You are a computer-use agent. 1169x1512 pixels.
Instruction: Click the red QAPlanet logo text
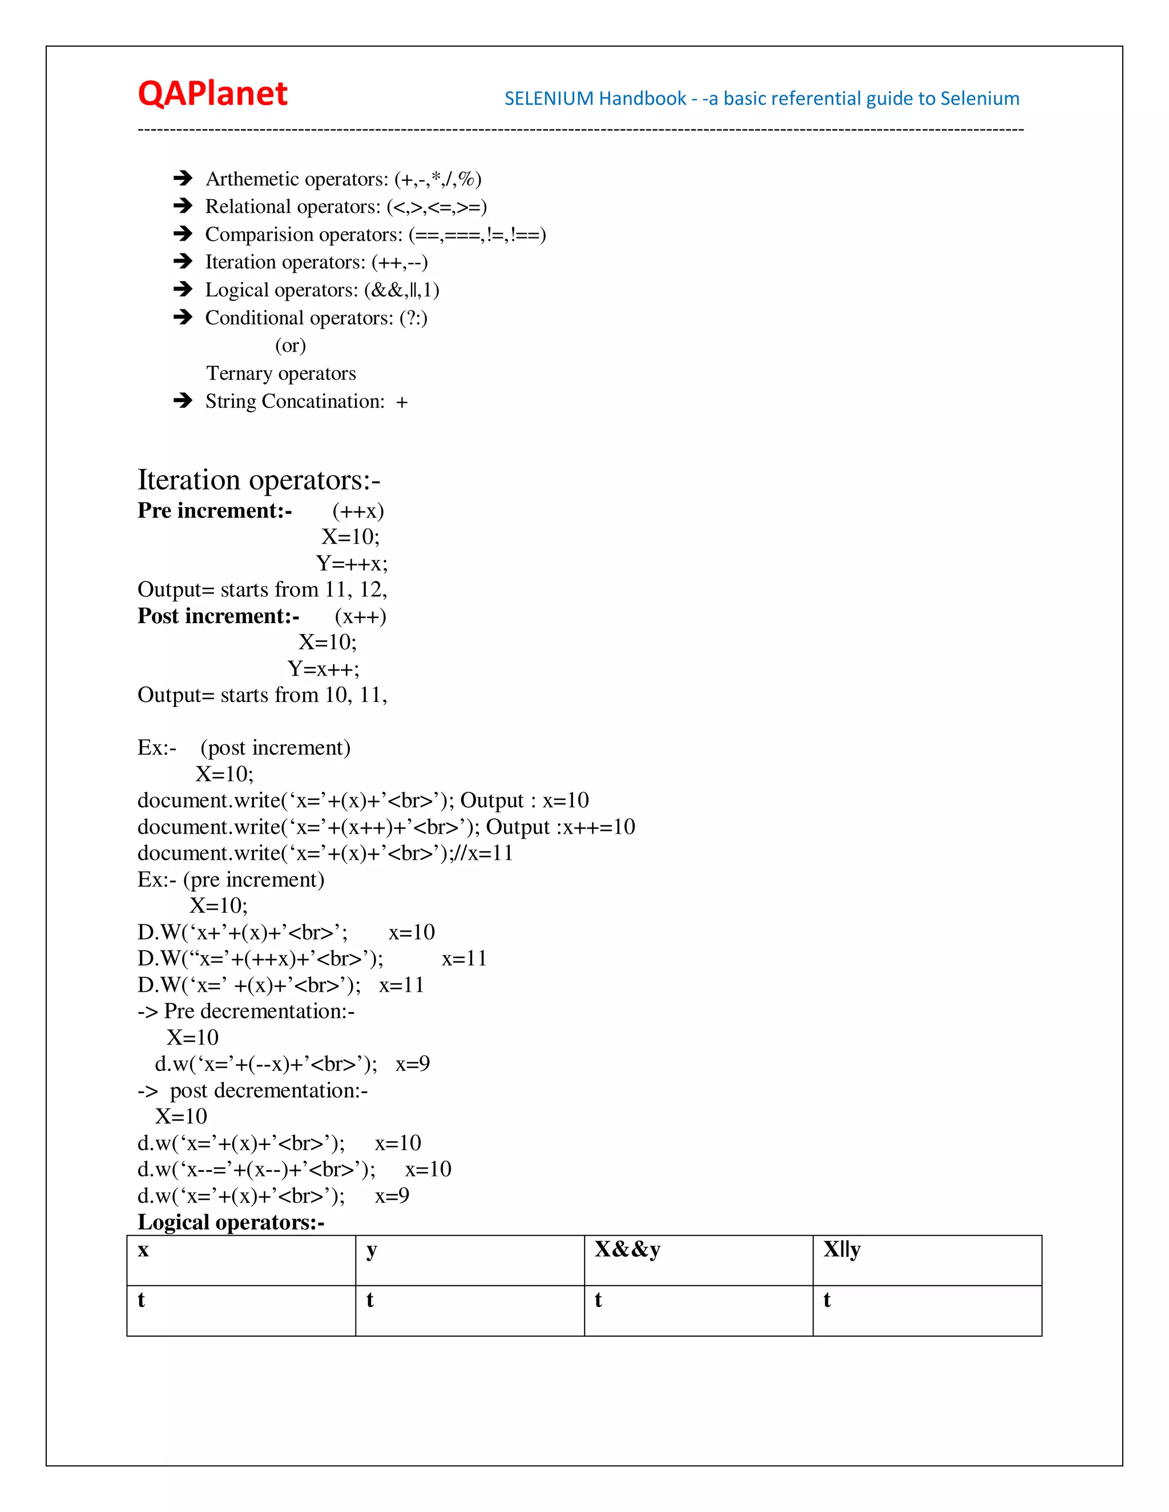click(212, 94)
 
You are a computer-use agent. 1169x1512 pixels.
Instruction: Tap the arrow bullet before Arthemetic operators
click(183, 179)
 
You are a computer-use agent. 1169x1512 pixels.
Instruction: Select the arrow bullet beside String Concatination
click(183, 401)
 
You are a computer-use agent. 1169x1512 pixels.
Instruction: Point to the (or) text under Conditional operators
click(290, 345)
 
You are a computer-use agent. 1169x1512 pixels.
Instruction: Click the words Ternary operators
click(280, 374)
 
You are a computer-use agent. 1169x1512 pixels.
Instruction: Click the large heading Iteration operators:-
click(259, 480)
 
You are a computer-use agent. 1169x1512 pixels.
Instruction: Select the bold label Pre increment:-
click(214, 511)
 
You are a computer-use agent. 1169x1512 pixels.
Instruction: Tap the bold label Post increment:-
click(218, 616)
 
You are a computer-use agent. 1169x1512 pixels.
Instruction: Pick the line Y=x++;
click(324, 669)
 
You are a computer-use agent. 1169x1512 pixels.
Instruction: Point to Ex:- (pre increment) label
click(231, 880)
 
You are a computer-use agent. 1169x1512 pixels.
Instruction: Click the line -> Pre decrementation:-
click(246, 1012)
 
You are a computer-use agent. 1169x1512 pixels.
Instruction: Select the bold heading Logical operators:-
click(231, 1223)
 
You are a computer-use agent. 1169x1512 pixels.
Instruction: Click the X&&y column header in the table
click(627, 1250)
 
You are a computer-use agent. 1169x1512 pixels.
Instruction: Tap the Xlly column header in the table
click(841, 1250)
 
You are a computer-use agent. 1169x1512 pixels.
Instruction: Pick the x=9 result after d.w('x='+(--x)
click(413, 1064)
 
